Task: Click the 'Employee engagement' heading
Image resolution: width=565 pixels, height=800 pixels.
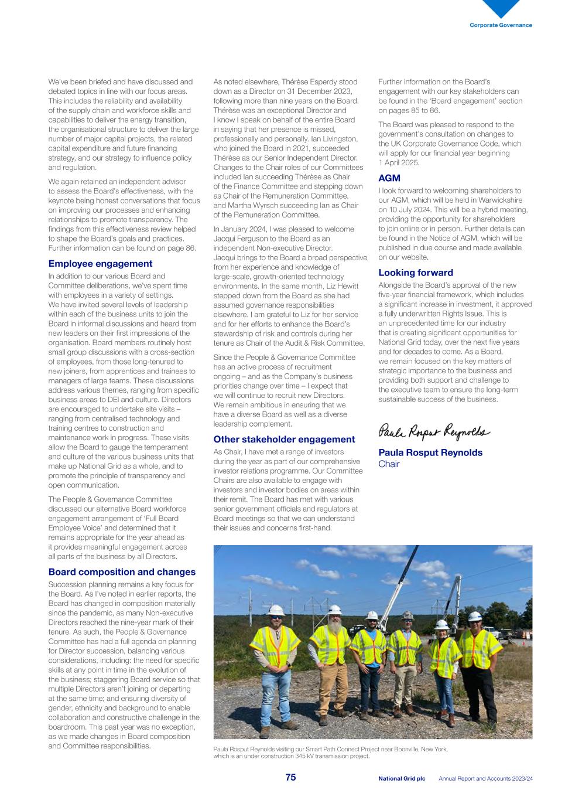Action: pos(100,264)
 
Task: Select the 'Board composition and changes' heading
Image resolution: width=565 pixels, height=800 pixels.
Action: pos(122,572)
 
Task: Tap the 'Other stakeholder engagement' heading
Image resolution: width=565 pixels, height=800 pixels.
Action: pos(284,440)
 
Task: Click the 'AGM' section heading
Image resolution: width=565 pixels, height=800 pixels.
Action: pos(389,178)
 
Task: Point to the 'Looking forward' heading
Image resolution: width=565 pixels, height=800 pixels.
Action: pos(416,273)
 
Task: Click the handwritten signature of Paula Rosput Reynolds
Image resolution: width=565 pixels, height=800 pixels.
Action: pos(434,432)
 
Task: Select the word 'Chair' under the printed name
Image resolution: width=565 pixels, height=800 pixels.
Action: pos(389,464)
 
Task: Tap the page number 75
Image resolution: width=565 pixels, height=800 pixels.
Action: pos(290,777)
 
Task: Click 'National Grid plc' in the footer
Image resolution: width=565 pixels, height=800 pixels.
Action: pos(402,779)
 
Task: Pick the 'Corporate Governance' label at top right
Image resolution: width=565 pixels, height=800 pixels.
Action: pos(501,25)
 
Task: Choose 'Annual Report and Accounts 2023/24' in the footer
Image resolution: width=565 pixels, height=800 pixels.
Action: pos(485,779)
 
